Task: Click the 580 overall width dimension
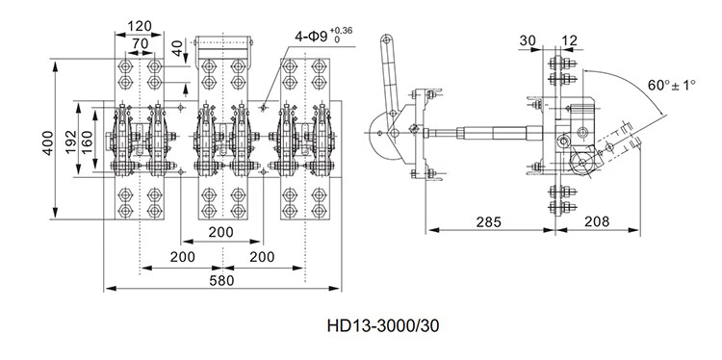(221, 280)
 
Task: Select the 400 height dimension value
(48, 142)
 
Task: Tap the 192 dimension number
(70, 142)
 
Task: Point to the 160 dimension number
(86, 142)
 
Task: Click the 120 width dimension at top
(140, 26)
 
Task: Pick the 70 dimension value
(140, 43)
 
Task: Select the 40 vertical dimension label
(178, 48)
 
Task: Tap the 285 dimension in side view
(488, 222)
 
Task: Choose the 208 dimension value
(597, 222)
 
